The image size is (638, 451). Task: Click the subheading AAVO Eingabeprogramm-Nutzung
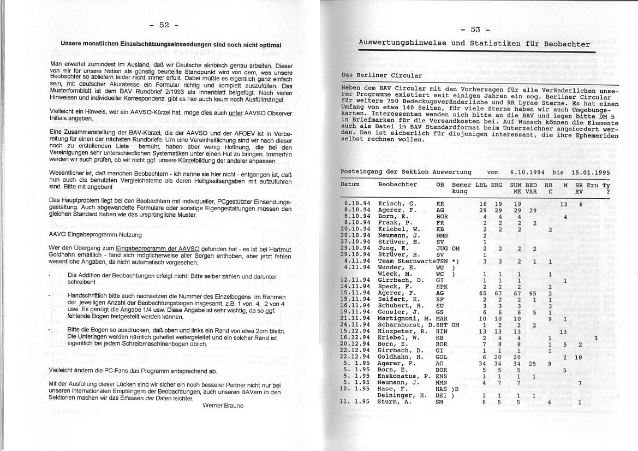pyautogui.click(x=96, y=235)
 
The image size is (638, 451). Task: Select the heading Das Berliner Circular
pyautogui.click(x=381, y=75)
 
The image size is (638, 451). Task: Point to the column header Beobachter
pyautogui.click(x=397, y=185)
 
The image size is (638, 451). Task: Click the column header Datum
pyautogui.click(x=350, y=185)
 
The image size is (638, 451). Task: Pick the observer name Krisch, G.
pyautogui.click(x=397, y=204)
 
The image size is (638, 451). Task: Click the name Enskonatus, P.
pyautogui.click(x=404, y=376)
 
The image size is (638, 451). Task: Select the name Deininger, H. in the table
pyautogui.click(x=403, y=395)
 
